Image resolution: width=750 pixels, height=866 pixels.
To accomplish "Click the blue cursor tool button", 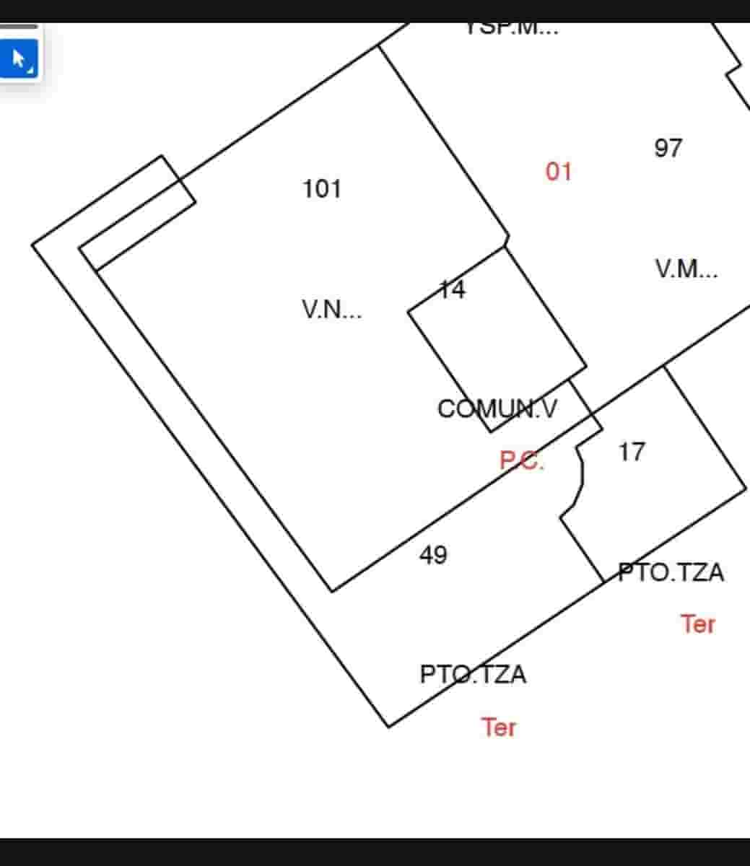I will (x=18, y=58).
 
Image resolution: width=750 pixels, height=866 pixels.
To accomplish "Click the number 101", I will (x=321, y=189).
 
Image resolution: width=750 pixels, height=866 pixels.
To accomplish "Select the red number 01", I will (x=558, y=172).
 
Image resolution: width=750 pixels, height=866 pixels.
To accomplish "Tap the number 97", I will (x=668, y=148).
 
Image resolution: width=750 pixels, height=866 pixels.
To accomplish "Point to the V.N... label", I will (x=332, y=310).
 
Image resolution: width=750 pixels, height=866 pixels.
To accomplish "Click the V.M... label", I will (x=686, y=269).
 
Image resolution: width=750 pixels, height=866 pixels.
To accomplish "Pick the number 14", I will (x=453, y=290).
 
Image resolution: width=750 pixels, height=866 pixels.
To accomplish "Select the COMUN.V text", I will (x=497, y=409).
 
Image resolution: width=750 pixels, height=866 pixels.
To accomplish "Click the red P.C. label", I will (x=522, y=460).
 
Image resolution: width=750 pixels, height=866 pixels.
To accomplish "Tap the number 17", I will (x=632, y=452).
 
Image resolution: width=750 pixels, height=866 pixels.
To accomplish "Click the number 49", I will (x=433, y=555).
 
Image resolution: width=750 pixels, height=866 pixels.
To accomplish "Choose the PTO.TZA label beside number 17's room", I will (x=671, y=573).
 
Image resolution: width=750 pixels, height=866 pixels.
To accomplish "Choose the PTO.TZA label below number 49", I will (x=473, y=675).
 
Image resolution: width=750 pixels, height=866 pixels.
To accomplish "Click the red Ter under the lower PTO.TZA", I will (x=499, y=727).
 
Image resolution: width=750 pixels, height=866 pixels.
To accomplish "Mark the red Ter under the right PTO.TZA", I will (x=698, y=624).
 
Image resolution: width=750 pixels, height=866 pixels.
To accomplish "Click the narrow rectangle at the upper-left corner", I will (x=137, y=212).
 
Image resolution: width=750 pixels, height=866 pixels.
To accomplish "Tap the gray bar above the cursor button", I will (x=19, y=27).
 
